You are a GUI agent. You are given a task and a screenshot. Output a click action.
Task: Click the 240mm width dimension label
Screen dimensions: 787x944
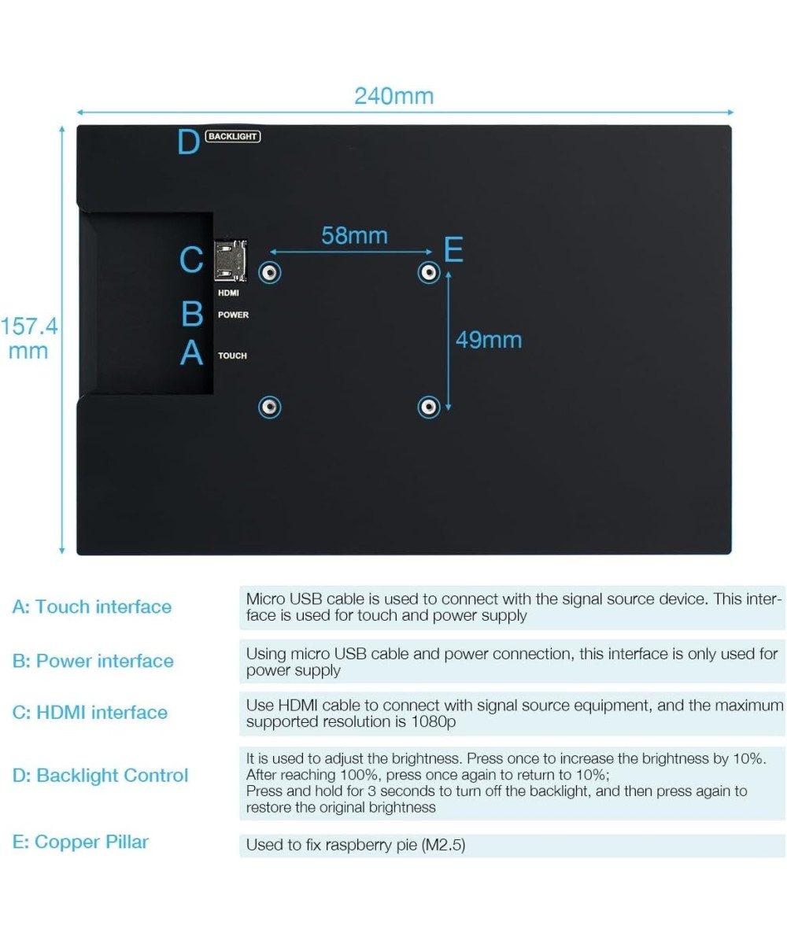pyautogui.click(x=393, y=96)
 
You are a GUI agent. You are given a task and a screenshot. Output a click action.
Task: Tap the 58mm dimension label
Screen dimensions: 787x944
pyautogui.click(x=354, y=235)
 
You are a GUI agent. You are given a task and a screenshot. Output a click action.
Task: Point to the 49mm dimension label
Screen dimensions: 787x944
pyautogui.click(x=489, y=340)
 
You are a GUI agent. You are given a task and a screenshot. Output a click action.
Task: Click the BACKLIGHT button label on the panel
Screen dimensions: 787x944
pyautogui.click(x=232, y=136)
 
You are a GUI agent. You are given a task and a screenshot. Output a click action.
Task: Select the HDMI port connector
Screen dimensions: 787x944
pyautogui.click(x=231, y=261)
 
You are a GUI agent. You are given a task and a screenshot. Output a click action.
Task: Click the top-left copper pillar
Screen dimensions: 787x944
pyautogui.click(x=270, y=273)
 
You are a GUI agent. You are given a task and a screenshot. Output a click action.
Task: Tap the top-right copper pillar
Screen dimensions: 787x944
pyautogui.click(x=428, y=273)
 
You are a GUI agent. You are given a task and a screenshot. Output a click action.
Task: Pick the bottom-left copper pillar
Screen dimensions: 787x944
pyautogui.click(x=270, y=407)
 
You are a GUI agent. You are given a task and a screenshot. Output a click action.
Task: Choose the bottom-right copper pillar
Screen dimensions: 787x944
pyautogui.click(x=428, y=407)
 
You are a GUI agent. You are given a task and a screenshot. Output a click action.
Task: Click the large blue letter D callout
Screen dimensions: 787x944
pyautogui.click(x=188, y=142)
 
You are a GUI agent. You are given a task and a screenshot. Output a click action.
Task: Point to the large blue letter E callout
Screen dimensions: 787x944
pyautogui.click(x=453, y=249)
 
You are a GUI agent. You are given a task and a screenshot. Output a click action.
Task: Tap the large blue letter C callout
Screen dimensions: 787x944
pyautogui.click(x=191, y=260)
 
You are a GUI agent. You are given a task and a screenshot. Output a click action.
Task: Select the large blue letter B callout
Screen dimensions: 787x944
pyautogui.click(x=192, y=314)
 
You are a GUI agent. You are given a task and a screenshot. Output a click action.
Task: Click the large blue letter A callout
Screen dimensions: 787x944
pyautogui.click(x=191, y=352)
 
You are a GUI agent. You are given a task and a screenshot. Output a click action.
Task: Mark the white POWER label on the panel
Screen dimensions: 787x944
pyautogui.click(x=233, y=315)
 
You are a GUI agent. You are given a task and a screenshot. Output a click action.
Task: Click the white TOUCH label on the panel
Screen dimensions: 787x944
pyautogui.click(x=232, y=356)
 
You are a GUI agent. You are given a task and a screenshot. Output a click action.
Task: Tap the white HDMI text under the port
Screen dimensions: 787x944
pyautogui.click(x=228, y=293)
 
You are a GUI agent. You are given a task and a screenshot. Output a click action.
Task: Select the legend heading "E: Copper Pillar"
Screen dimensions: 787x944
pyautogui.click(x=80, y=842)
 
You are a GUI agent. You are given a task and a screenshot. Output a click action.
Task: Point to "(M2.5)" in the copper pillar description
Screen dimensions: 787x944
pyautogui.click(x=443, y=845)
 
